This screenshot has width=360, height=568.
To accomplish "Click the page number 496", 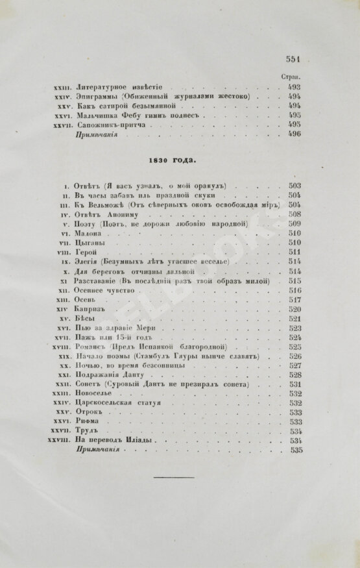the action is [x=294, y=134].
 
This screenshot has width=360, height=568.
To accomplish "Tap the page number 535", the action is [x=298, y=450].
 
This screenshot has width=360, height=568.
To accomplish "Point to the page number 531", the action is [x=295, y=384].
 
